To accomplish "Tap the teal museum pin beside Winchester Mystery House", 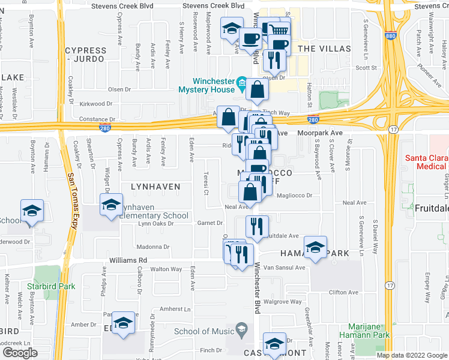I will click(241, 82).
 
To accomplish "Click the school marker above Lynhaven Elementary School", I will click(111, 205).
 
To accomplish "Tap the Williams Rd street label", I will click(128, 260).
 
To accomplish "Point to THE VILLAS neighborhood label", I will click(324, 49).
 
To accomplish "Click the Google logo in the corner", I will click(20, 352).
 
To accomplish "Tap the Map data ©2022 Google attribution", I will click(412, 355).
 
